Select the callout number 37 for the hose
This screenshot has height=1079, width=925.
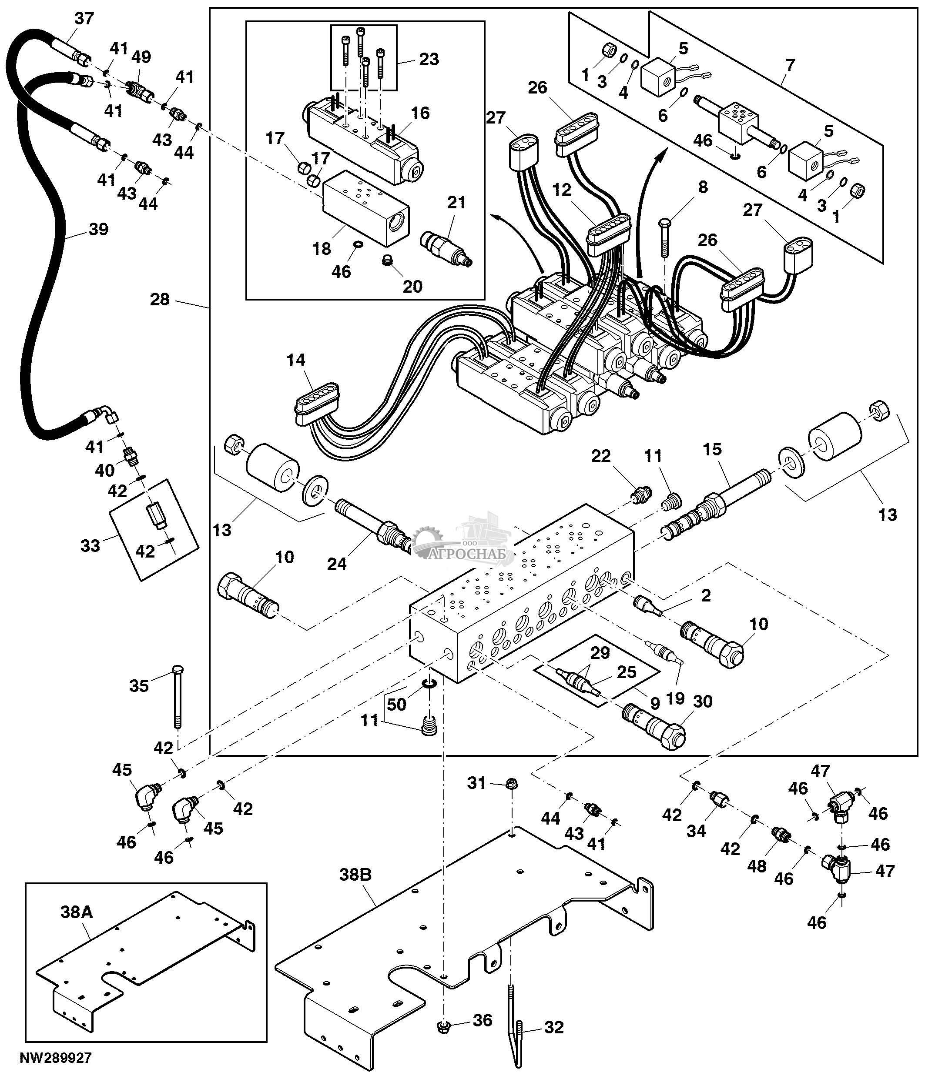pos(84,19)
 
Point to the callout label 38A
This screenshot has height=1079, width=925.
pos(77,912)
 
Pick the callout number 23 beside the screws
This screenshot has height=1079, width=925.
pos(429,60)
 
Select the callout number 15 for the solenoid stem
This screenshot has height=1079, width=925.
pos(712,449)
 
